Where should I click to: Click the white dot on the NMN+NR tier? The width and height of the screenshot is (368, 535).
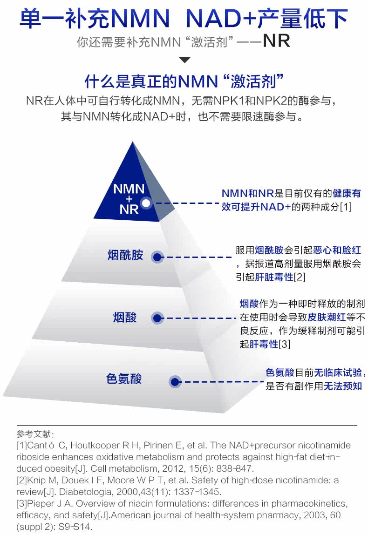click(146, 203)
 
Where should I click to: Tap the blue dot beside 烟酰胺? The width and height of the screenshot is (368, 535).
click(157, 257)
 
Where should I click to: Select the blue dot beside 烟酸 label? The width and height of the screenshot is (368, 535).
click(157, 318)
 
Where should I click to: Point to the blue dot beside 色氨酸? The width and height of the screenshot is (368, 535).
click(175, 381)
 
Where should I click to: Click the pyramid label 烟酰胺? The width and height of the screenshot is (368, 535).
click(125, 255)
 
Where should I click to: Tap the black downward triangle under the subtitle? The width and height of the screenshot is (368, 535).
click(184, 60)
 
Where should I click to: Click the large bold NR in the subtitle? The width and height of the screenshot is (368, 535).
click(276, 41)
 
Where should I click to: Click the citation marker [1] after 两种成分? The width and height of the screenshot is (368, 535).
click(345, 206)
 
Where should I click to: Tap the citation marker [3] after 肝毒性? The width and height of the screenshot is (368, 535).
click(284, 344)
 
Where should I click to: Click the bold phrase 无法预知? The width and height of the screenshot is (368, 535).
click(343, 386)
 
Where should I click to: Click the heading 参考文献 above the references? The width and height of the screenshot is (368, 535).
click(35, 434)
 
